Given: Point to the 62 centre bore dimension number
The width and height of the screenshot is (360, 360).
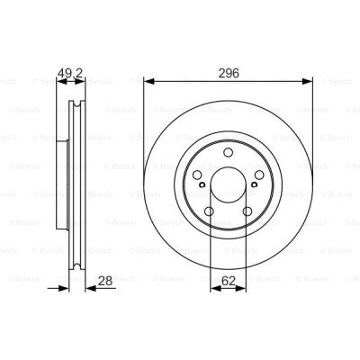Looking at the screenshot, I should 228,280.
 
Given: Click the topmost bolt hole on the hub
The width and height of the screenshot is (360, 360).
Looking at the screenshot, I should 228,150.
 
